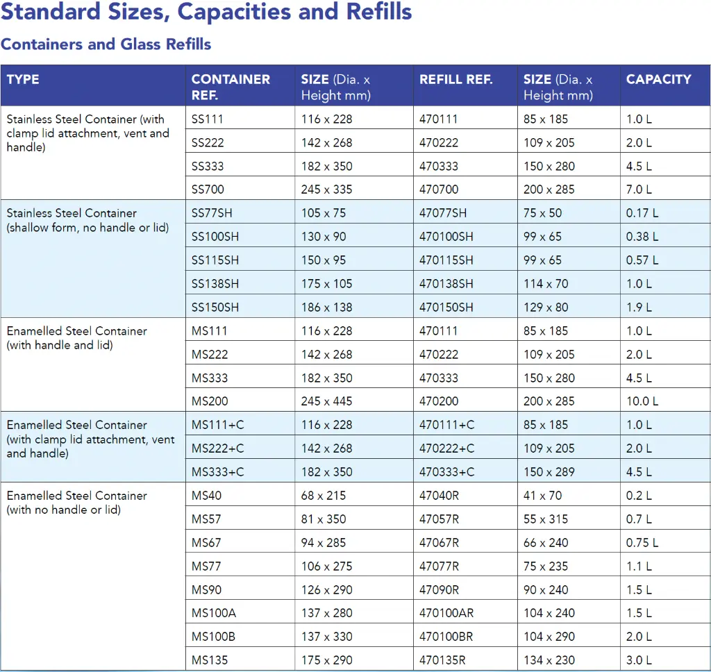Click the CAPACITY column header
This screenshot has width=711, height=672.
tap(658, 79)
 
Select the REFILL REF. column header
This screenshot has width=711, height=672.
tap(455, 79)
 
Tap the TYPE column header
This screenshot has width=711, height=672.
tap(23, 79)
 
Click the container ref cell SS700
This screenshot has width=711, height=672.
tap(208, 189)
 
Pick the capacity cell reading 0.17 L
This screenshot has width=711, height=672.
tap(642, 212)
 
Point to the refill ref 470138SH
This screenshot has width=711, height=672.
tap(446, 283)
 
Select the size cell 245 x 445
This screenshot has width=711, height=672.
tap(326, 401)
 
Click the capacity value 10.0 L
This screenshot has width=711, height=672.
tap(642, 401)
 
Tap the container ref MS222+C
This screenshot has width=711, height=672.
tap(217, 448)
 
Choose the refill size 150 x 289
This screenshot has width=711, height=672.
tap(549, 471)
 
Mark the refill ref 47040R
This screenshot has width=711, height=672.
tap(439, 495)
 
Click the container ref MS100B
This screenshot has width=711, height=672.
tap(213, 636)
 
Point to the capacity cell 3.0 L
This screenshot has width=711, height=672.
tap(639, 660)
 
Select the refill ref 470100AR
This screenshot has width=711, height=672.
tap(446, 612)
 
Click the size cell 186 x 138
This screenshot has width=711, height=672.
tap(326, 307)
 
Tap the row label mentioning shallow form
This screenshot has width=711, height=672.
tap(87, 220)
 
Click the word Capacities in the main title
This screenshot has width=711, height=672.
tap(234, 12)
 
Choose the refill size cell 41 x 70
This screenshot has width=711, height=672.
tap(542, 495)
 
